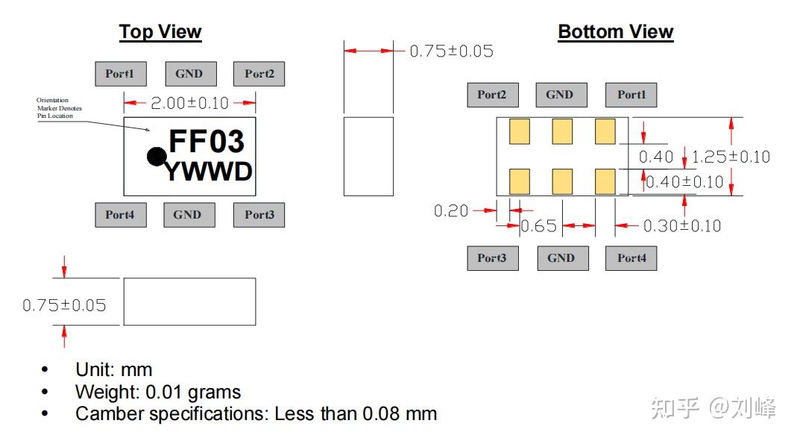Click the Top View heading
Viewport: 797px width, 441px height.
click(160, 31)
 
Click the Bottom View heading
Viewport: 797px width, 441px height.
click(616, 31)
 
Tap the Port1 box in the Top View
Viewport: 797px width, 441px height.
click(121, 74)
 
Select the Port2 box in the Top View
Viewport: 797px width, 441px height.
click(259, 74)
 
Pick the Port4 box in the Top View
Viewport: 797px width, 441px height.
click(121, 215)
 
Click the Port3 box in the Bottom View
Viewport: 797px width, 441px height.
click(493, 258)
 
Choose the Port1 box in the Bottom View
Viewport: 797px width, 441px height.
click(631, 95)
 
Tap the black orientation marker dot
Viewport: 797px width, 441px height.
click(157, 157)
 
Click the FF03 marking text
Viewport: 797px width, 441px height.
click(207, 141)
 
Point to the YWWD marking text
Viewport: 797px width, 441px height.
click(209, 172)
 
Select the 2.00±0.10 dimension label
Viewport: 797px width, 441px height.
click(189, 103)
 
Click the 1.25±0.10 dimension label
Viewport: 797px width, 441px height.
click(731, 157)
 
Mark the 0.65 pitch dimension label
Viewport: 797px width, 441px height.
click(539, 226)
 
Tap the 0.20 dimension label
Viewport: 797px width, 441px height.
click(451, 210)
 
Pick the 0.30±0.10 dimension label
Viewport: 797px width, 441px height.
click(682, 226)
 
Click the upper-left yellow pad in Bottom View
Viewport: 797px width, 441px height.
click(520, 131)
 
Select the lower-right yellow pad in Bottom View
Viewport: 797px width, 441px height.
click(605, 181)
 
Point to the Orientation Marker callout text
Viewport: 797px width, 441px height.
click(58, 108)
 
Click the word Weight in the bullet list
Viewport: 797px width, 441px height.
click(107, 392)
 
